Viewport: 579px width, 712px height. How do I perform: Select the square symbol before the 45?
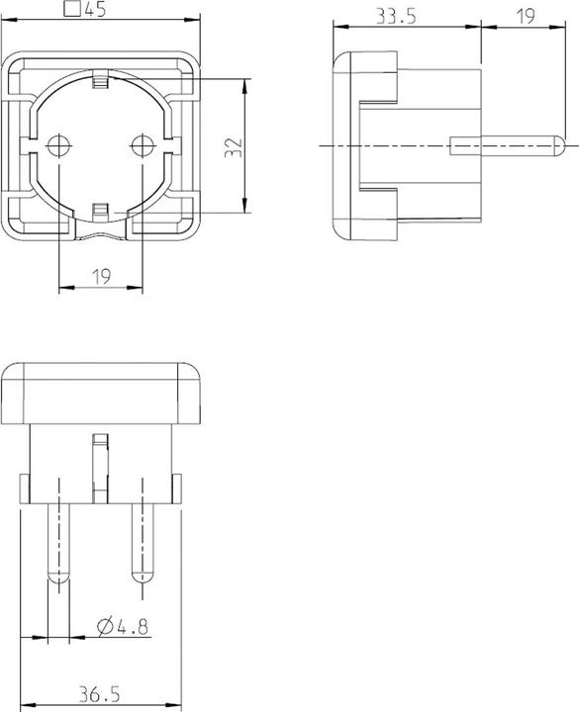[x=71, y=11]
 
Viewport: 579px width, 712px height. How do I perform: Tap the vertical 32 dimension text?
[x=233, y=147]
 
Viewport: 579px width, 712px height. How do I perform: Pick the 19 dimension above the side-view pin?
[x=525, y=16]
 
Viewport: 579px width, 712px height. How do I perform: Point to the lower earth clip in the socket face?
[x=100, y=211]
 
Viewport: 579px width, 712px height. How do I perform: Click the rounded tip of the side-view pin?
[x=559, y=146]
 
